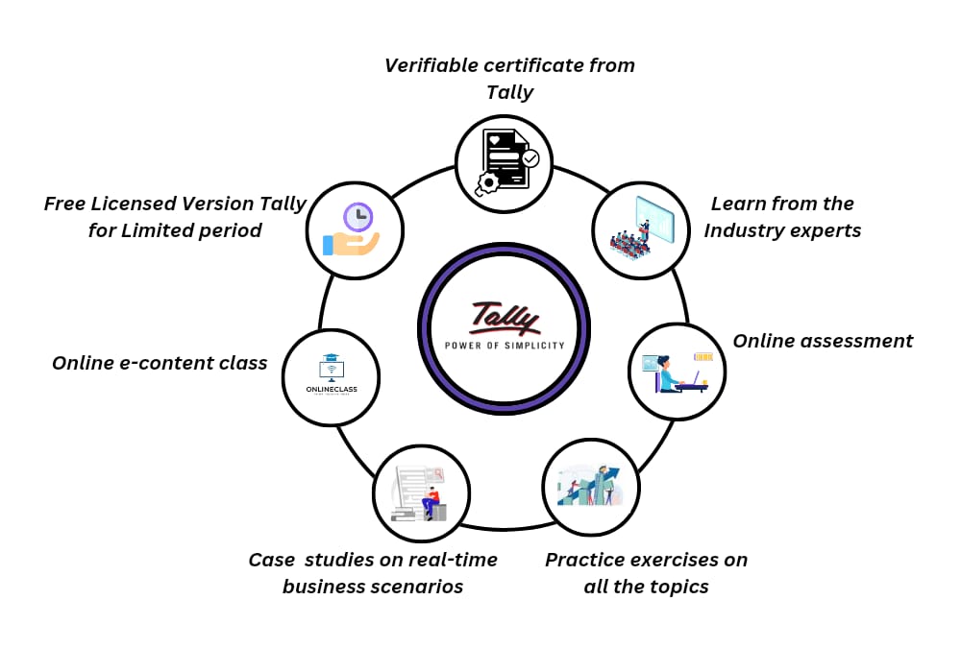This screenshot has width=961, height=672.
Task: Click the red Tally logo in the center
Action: [505, 318]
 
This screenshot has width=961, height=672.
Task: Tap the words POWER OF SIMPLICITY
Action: [505, 345]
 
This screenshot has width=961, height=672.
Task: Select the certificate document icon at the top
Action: [505, 161]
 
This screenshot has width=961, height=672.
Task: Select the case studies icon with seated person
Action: [421, 492]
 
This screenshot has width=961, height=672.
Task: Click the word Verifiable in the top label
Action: [433, 65]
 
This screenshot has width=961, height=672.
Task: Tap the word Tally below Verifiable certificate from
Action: [509, 92]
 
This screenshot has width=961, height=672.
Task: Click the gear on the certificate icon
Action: [488, 182]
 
